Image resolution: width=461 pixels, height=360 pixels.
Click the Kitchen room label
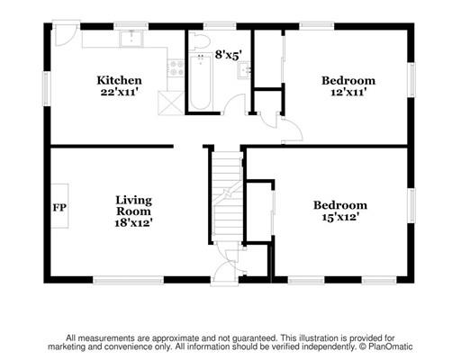pyautogui.click(x=120, y=81)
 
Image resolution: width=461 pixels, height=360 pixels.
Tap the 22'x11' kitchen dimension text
pyautogui.click(x=120, y=93)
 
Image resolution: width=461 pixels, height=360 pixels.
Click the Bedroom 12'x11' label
pyautogui.click(x=348, y=86)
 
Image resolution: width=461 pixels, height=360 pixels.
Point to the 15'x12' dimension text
pyautogui.click(x=339, y=218)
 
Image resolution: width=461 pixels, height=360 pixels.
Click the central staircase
pyautogui.click(x=227, y=193)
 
